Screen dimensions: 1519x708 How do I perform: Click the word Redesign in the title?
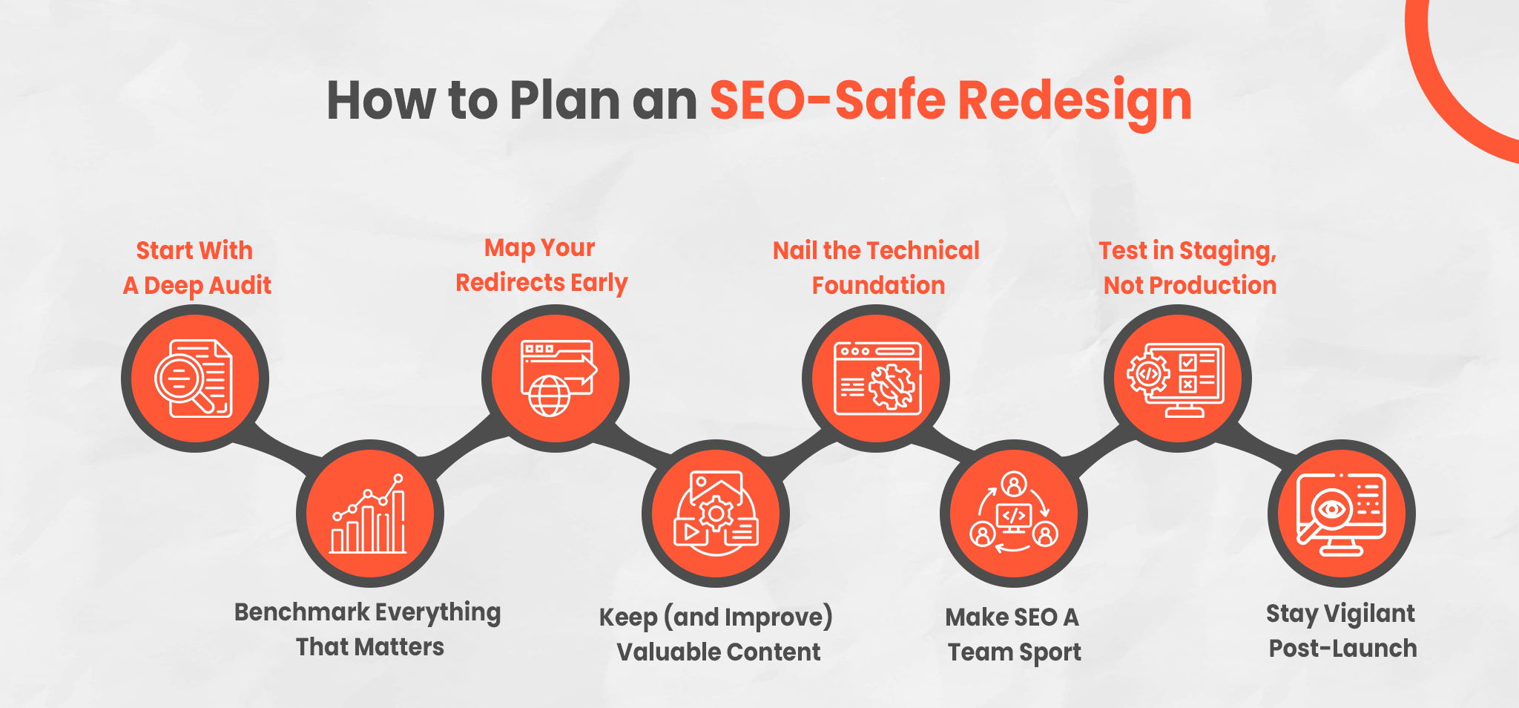pos(1075,101)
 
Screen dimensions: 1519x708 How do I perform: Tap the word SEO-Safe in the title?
pos(828,99)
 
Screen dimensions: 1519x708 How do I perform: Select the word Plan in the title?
pos(564,100)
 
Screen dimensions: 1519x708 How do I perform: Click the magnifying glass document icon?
pos(194,378)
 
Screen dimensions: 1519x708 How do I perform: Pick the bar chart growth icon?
pos(369,514)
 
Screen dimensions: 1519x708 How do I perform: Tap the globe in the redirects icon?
pos(550,396)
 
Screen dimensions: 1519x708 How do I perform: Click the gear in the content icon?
pos(716,513)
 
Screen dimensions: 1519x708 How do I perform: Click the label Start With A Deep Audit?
pos(197,268)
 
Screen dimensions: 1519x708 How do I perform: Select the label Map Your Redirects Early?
pos(541,265)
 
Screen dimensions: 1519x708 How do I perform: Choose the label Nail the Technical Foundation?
pos(877,268)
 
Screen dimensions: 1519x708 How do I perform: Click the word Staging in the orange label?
pos(1228,252)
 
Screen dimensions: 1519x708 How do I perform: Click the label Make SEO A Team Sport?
pos(1014,635)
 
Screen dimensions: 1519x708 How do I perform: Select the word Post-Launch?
pos(1342,649)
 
